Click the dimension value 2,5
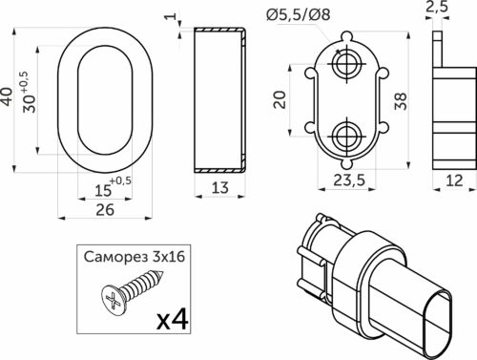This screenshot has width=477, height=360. pos(436,8)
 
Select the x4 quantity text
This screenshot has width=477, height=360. pos(175,318)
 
